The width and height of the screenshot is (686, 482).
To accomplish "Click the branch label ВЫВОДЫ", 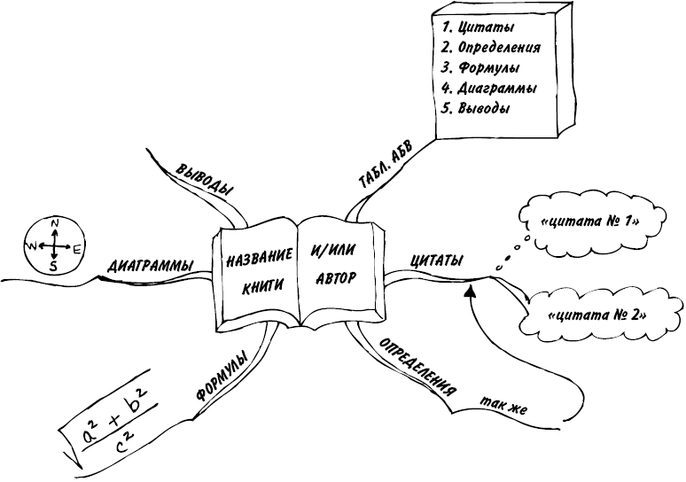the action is (x=206, y=180).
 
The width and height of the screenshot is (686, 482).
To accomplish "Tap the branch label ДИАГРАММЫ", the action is (x=150, y=266).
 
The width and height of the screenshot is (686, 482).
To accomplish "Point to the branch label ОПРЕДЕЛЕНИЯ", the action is (x=417, y=367).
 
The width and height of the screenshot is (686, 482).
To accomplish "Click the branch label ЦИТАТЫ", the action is (x=436, y=261).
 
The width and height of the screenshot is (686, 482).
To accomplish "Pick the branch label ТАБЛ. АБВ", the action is (x=385, y=167).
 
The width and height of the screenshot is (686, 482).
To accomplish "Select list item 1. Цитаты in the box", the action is (x=478, y=27).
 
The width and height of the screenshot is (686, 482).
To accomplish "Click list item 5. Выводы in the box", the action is (x=476, y=108).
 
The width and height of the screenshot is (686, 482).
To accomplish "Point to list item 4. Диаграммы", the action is (x=489, y=89).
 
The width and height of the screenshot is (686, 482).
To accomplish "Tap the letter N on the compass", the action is (x=55, y=222).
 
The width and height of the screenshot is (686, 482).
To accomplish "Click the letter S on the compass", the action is (x=53, y=266).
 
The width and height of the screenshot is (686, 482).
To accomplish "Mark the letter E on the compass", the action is (x=76, y=250).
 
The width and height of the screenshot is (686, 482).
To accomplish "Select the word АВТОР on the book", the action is (x=336, y=278).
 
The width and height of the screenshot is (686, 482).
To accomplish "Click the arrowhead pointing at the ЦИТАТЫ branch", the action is (x=471, y=291).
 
